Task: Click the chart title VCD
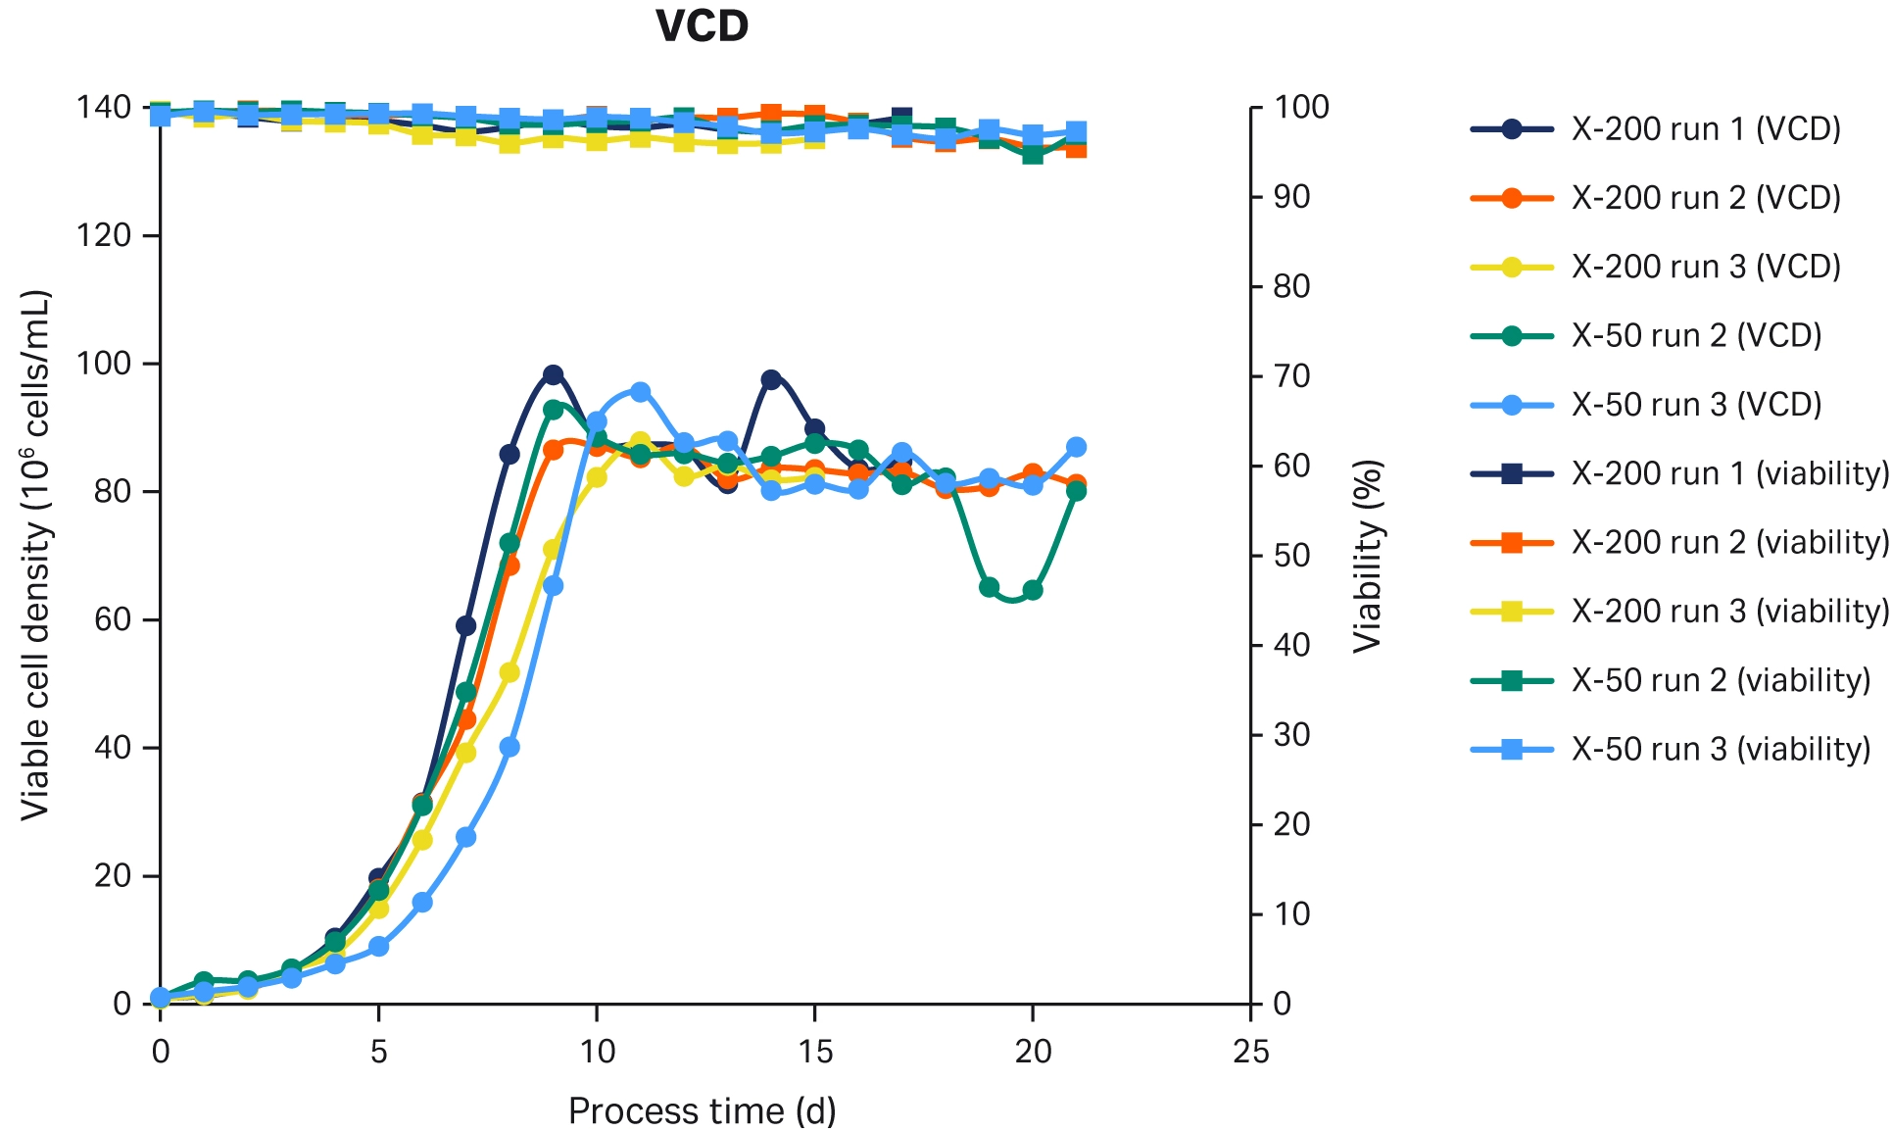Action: tap(702, 26)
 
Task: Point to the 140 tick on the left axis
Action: tap(104, 107)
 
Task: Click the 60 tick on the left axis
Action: tap(113, 619)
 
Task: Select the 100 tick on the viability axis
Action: tap(1301, 107)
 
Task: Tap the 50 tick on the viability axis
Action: tap(1292, 556)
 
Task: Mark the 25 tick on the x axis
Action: tap(1251, 1052)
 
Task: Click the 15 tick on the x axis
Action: tap(815, 1052)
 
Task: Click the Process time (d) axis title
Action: tap(702, 1111)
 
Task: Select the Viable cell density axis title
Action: tap(36, 554)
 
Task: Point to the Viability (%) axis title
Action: tap(1367, 556)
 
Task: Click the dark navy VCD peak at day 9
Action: tap(554, 375)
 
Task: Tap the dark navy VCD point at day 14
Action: tap(771, 379)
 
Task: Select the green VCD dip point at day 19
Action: tap(990, 587)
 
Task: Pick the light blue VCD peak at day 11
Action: tap(641, 392)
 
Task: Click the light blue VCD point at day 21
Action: tap(1077, 447)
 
